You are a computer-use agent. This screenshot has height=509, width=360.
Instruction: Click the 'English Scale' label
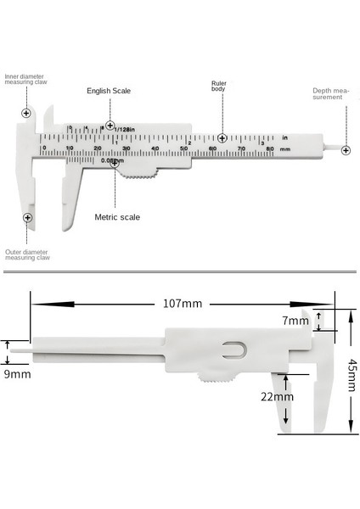108,90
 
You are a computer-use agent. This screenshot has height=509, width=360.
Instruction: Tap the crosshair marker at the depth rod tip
346,150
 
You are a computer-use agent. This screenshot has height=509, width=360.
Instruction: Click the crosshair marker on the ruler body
222,137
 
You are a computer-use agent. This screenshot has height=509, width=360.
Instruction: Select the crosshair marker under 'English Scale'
110,126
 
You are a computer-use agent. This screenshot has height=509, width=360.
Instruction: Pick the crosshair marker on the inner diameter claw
26,112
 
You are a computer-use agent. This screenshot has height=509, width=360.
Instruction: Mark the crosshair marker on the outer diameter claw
28,218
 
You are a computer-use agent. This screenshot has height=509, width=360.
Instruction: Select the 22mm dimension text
278,396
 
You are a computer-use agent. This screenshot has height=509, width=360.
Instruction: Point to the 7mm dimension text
296,321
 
